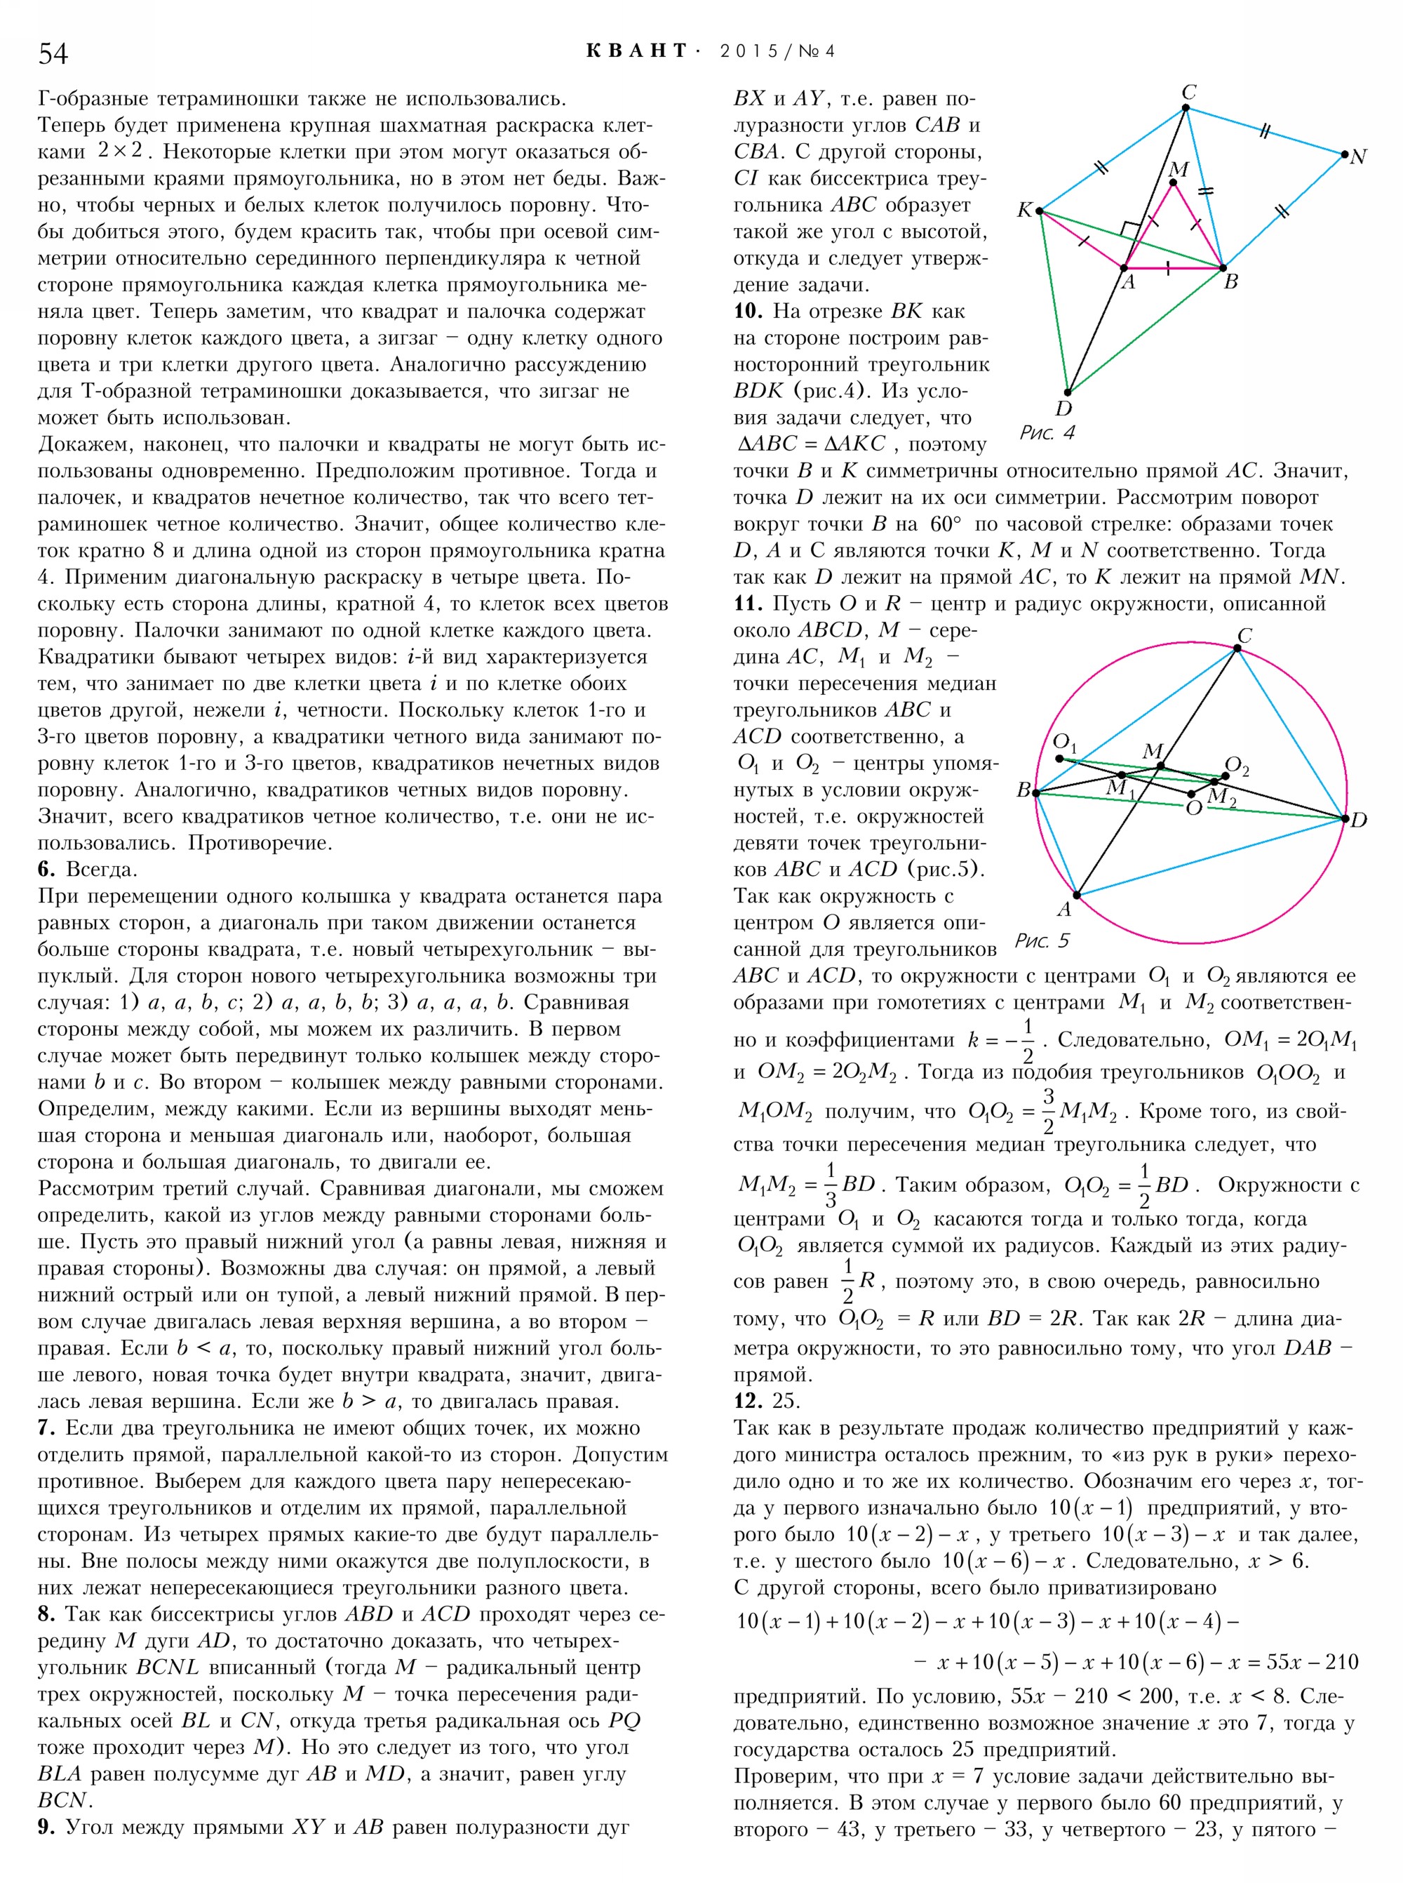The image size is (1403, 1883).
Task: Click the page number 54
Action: pyautogui.click(x=53, y=53)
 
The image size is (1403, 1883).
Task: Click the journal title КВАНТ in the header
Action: pyautogui.click(x=636, y=51)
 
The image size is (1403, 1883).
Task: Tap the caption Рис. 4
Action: pyautogui.click(x=1047, y=433)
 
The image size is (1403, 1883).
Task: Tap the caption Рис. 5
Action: pyautogui.click(x=1042, y=940)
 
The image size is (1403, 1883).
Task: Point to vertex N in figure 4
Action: pyautogui.click(x=1344, y=154)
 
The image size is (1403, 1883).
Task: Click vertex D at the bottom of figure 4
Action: pyautogui.click(x=1068, y=392)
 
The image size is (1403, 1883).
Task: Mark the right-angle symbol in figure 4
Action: pyautogui.click(x=1130, y=230)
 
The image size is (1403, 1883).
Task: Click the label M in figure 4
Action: pyautogui.click(x=1179, y=169)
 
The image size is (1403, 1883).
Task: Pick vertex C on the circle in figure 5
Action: pyautogui.click(x=1237, y=648)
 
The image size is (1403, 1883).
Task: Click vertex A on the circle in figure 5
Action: pyautogui.click(x=1076, y=895)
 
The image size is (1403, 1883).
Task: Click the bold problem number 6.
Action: pyautogui.click(x=47, y=870)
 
